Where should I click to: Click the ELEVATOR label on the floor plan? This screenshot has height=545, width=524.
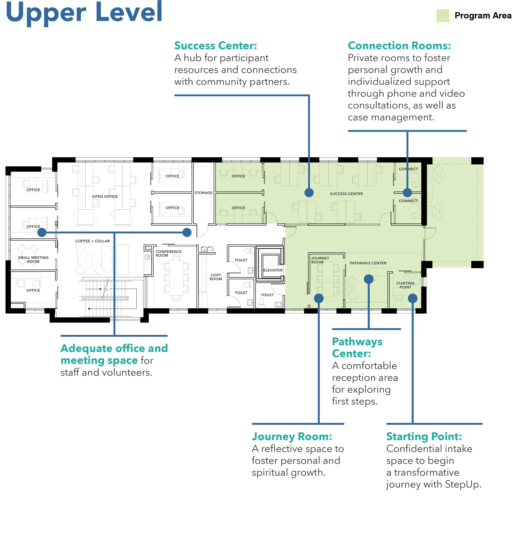tap(273, 270)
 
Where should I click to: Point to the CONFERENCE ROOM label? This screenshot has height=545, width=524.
tap(169, 253)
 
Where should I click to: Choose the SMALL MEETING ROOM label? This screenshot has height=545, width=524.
tap(33, 260)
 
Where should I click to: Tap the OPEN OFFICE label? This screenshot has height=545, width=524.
tap(105, 197)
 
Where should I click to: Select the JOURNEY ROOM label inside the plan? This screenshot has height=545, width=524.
tap(320, 260)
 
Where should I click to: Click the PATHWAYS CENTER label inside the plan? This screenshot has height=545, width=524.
tap(368, 263)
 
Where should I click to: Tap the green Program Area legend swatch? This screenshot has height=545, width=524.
tap(442, 16)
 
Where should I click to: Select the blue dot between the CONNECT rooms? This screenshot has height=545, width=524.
tap(407, 192)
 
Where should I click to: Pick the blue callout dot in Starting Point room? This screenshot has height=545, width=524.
tap(412, 298)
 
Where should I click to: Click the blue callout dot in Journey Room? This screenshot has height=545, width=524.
tap(319, 298)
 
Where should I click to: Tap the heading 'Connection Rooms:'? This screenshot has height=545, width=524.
tap(399, 46)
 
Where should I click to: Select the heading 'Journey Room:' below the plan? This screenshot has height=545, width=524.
tap(292, 437)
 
